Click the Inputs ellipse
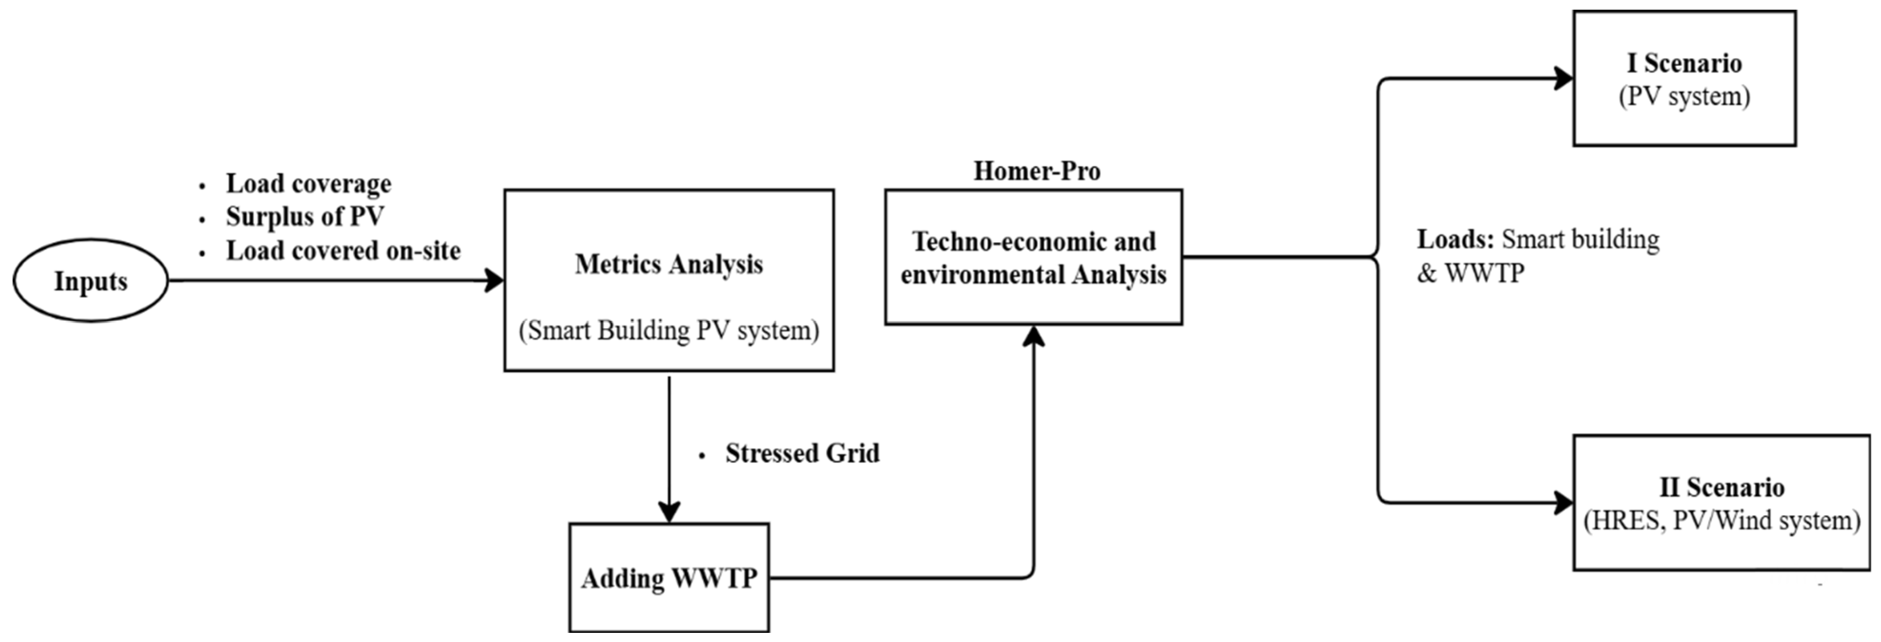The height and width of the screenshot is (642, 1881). click(91, 280)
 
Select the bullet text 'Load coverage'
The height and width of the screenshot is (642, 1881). click(308, 184)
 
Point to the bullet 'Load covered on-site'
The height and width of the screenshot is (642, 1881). click(343, 251)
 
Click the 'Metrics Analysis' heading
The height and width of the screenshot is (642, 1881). click(668, 264)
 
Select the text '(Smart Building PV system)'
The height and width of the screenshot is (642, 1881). click(668, 330)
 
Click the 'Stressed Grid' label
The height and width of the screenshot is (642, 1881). click(802, 453)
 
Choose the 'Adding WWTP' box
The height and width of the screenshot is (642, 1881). click(668, 578)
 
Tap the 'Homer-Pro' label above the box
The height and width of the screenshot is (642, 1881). click(1036, 171)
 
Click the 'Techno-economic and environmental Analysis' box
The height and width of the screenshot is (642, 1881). click(1033, 258)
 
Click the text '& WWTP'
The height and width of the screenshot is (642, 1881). click(1470, 273)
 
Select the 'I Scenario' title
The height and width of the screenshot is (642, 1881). click(1684, 63)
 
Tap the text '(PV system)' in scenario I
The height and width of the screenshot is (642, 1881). click(1684, 96)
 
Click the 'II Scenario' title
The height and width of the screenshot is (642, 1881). click(1721, 487)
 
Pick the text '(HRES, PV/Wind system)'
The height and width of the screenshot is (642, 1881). click(1721, 520)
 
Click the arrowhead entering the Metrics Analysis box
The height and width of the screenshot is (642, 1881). click(496, 280)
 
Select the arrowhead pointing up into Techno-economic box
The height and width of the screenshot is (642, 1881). click(1033, 336)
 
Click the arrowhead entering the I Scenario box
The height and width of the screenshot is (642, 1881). click(1563, 78)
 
